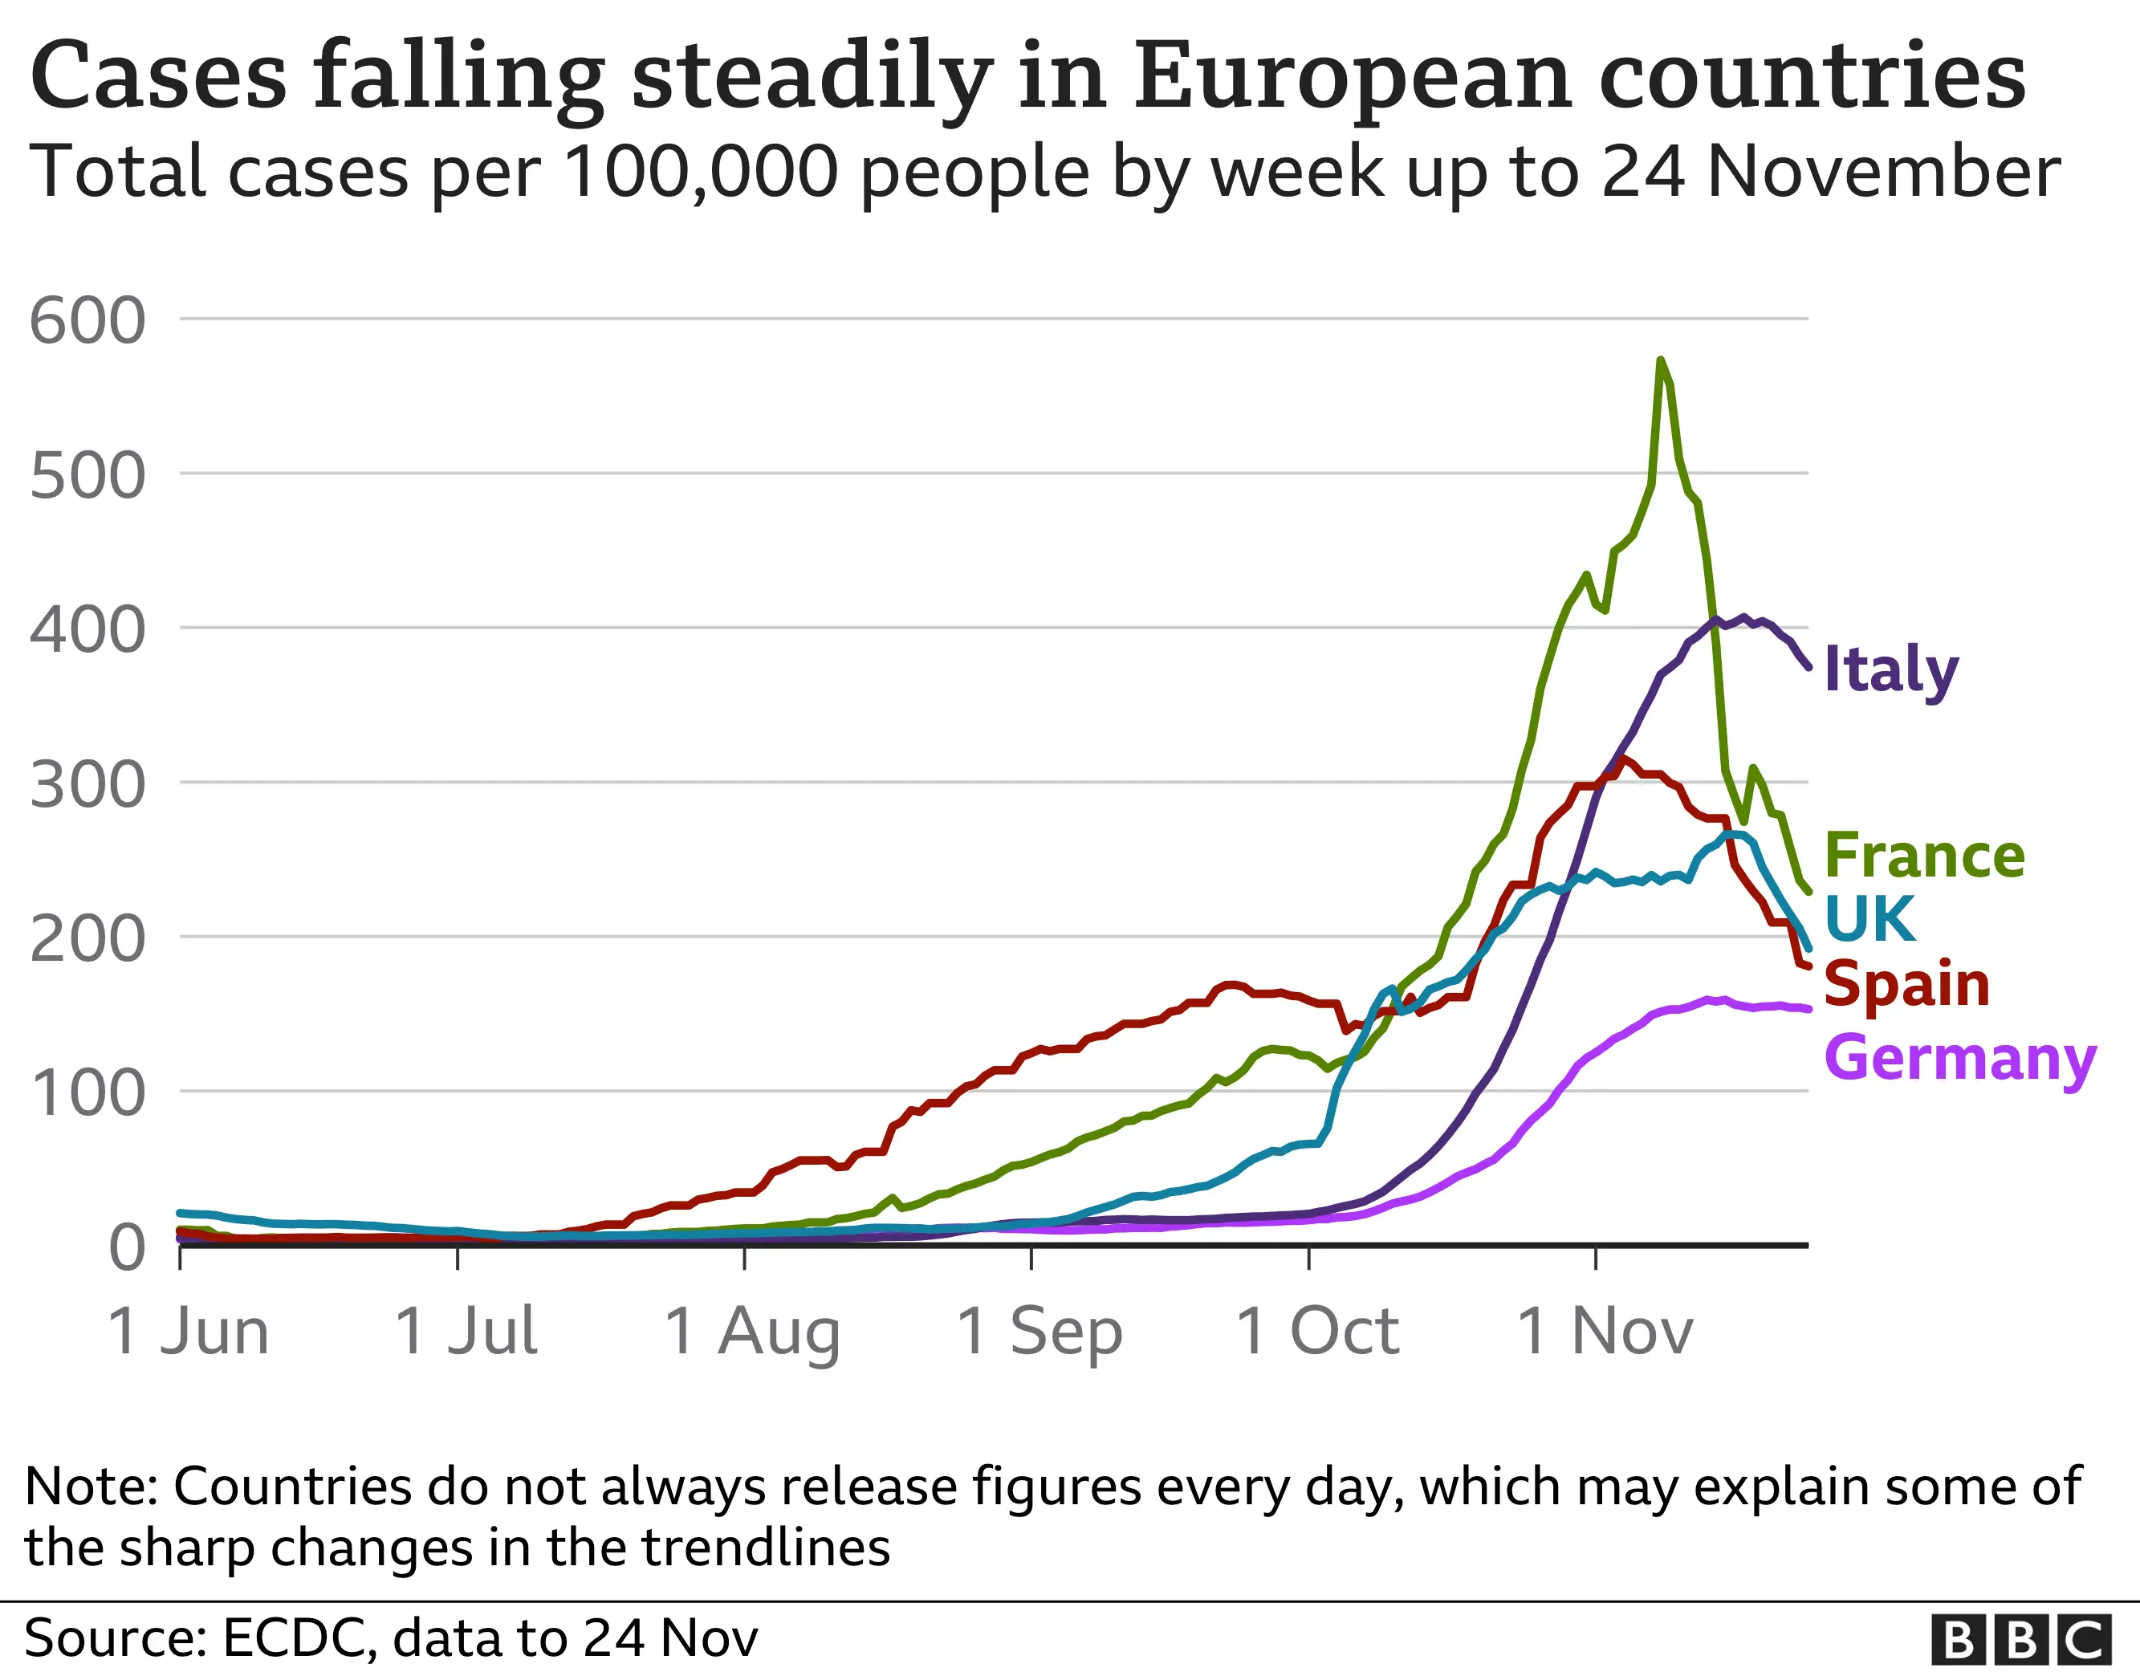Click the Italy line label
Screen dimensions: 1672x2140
tap(1890, 671)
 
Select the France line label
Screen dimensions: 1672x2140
tap(1924, 856)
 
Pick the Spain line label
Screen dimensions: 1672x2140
tap(1906, 984)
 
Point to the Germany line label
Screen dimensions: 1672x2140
tap(1959, 1060)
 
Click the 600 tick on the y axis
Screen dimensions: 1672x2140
tap(88, 320)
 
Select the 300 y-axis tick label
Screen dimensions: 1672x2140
tap(88, 785)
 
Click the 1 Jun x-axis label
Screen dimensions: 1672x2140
tap(188, 1332)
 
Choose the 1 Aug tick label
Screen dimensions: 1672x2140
tap(752, 1332)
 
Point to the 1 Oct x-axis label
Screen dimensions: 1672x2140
tap(1317, 1332)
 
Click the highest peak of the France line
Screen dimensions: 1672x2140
tap(1660, 360)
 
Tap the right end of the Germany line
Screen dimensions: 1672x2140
tap(1807, 1008)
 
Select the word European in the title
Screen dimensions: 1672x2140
tap(1353, 76)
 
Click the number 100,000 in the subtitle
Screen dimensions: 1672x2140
tap(701, 173)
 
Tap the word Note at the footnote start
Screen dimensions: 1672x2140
tap(89, 1487)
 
